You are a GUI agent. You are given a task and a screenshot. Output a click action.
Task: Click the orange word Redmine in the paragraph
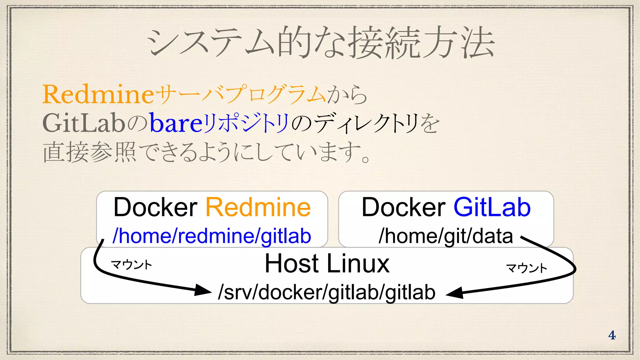click(98, 94)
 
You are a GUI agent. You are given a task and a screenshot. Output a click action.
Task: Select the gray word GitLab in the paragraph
click(84, 123)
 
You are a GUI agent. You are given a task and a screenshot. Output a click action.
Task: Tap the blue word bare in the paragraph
click(176, 123)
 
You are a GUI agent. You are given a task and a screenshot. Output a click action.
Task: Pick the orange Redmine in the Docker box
click(258, 207)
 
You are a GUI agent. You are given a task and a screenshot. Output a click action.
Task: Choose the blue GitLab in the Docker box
click(492, 207)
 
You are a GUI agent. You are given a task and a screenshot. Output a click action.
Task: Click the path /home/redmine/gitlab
click(212, 236)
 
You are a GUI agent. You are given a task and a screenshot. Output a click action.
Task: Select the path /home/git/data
click(446, 236)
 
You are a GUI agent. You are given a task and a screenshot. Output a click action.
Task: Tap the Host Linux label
click(327, 263)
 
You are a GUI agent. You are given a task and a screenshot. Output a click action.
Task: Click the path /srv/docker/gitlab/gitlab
click(327, 292)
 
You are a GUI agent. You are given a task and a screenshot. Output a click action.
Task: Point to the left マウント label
click(132, 265)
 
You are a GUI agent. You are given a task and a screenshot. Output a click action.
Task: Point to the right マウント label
click(527, 268)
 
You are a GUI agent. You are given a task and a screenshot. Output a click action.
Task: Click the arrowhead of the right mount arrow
click(454, 293)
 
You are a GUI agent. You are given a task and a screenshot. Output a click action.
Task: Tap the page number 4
click(612, 335)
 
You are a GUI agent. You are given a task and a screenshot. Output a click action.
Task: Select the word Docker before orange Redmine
click(155, 207)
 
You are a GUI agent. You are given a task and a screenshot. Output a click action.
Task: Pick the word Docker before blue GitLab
click(403, 207)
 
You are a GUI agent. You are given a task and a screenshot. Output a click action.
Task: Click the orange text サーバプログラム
click(241, 94)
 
